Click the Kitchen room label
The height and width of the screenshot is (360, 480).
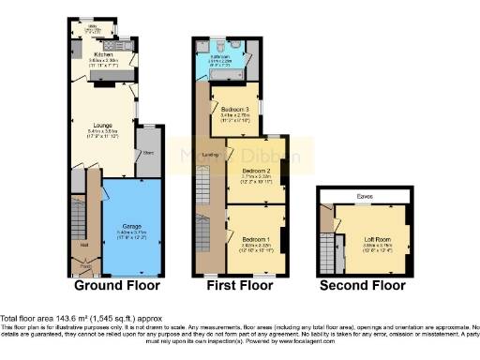point(105,54)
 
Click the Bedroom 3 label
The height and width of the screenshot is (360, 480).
point(234,110)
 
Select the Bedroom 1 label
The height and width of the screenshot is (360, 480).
point(251,238)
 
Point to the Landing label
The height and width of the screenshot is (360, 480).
point(211,155)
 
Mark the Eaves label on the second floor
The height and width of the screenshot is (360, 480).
point(365,196)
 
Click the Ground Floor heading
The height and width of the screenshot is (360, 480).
point(117,285)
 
